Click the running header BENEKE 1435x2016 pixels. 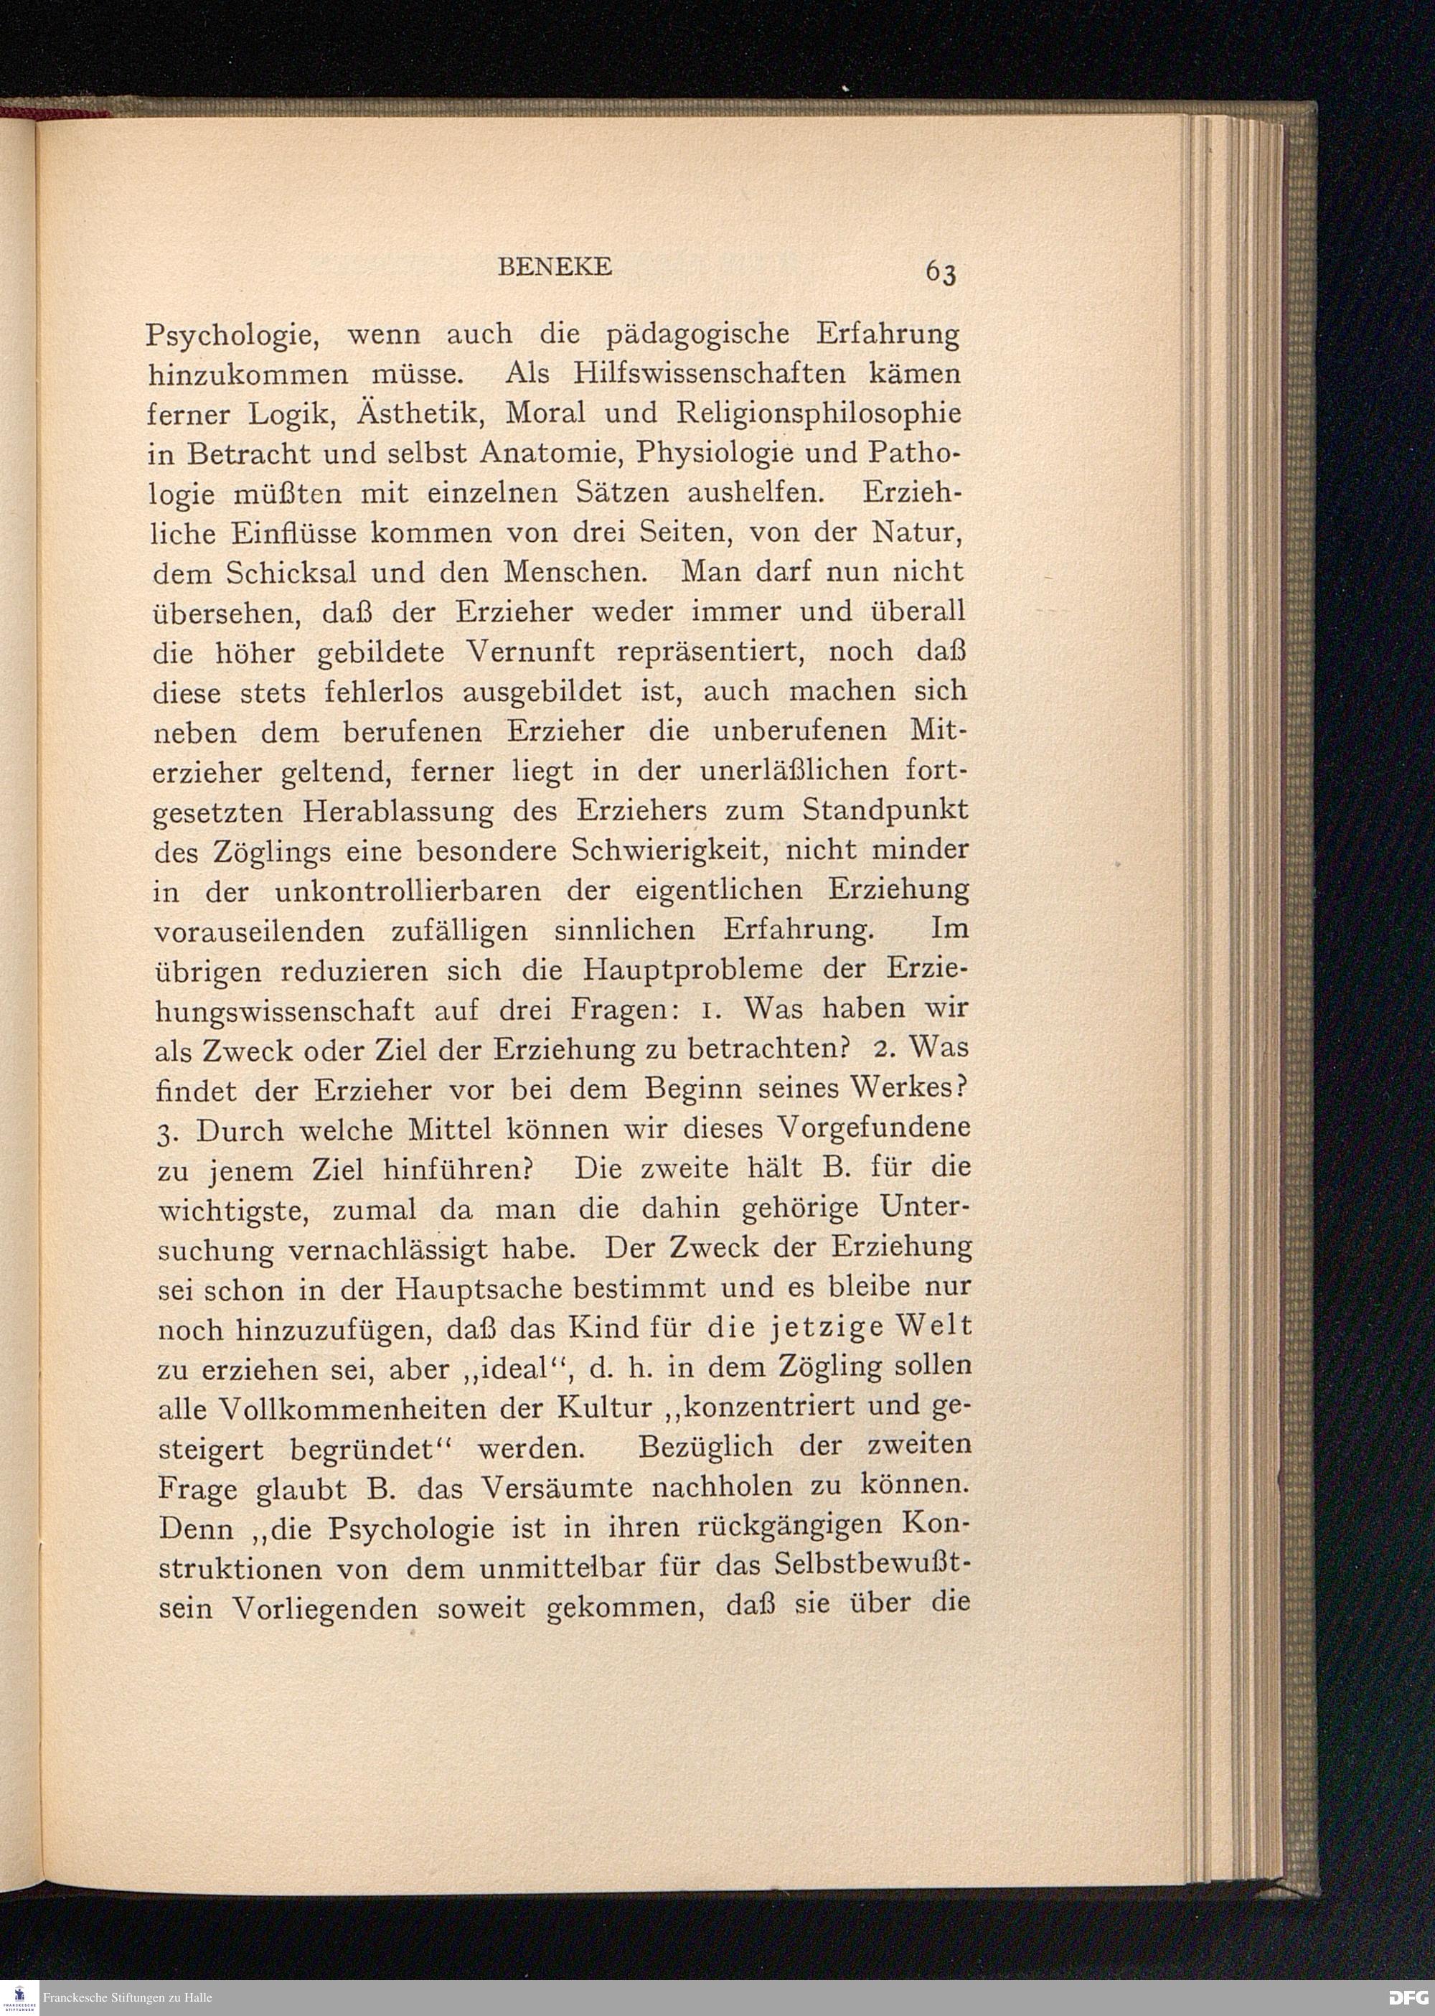[555, 267]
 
